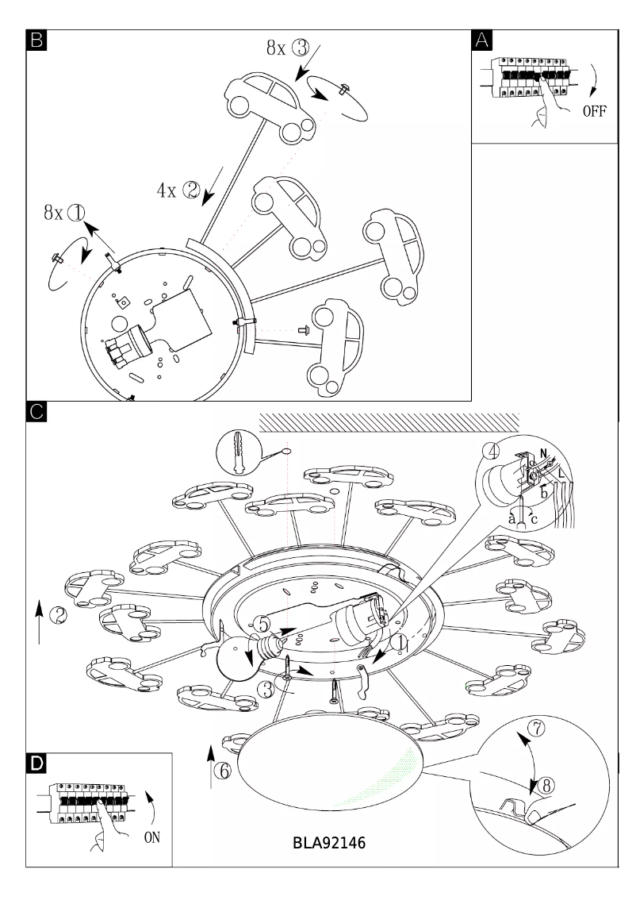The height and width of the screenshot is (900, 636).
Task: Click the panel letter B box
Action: [x=36, y=40]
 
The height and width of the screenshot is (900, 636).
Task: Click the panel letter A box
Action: [x=481, y=40]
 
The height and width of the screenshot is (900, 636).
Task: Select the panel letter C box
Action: [x=36, y=413]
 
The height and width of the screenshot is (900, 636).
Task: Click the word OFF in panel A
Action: [x=594, y=111]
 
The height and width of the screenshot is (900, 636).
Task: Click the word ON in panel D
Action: [x=152, y=837]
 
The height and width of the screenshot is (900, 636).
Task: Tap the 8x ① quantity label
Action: [x=64, y=213]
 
